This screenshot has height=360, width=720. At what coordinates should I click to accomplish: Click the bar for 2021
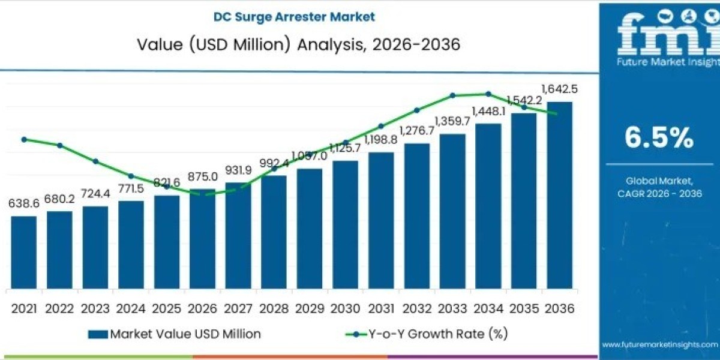pos(24,252)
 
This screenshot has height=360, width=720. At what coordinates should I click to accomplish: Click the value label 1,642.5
pos(559,89)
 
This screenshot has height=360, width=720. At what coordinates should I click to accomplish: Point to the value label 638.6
pos(24,204)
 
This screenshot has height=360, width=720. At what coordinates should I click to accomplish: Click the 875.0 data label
pos(202,177)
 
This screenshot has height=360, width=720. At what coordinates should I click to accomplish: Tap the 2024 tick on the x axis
pos(131,308)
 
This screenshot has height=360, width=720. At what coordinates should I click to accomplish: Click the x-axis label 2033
pos(452,308)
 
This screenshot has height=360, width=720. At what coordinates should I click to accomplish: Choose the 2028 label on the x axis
pos(274,308)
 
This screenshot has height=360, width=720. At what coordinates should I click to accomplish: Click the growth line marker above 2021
pos(24,139)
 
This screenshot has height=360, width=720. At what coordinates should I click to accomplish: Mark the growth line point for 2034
pos(488,94)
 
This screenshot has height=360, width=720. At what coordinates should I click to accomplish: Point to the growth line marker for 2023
pos(95,161)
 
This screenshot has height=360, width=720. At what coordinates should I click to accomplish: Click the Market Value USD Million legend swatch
pos(97,334)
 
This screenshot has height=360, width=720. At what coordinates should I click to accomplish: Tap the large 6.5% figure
pos(659,139)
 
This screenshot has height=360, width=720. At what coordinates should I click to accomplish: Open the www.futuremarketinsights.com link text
pos(659,344)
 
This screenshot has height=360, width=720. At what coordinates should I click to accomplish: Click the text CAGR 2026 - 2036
pos(659,193)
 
